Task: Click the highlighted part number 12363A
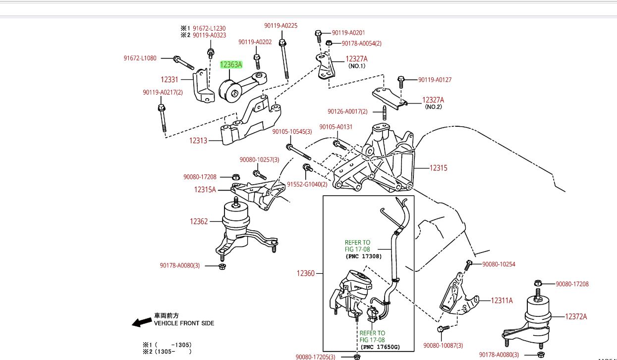(x=231, y=64)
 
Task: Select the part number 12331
(x=169, y=79)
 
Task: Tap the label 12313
(x=198, y=141)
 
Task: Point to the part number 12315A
(x=205, y=190)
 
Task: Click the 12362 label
(x=199, y=221)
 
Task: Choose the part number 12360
(x=306, y=273)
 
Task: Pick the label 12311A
(x=502, y=300)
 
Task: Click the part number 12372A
(x=576, y=316)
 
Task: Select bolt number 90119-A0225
(x=280, y=26)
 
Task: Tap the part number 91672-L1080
(x=140, y=58)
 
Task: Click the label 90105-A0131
(x=336, y=127)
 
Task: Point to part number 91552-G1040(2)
(x=307, y=184)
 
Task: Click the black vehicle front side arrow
(x=142, y=322)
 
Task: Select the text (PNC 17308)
(x=364, y=257)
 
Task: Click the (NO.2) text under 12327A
(x=433, y=107)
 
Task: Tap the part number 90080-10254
(x=499, y=264)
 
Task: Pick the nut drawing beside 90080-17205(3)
(x=357, y=356)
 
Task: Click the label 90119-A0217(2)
(x=163, y=92)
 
